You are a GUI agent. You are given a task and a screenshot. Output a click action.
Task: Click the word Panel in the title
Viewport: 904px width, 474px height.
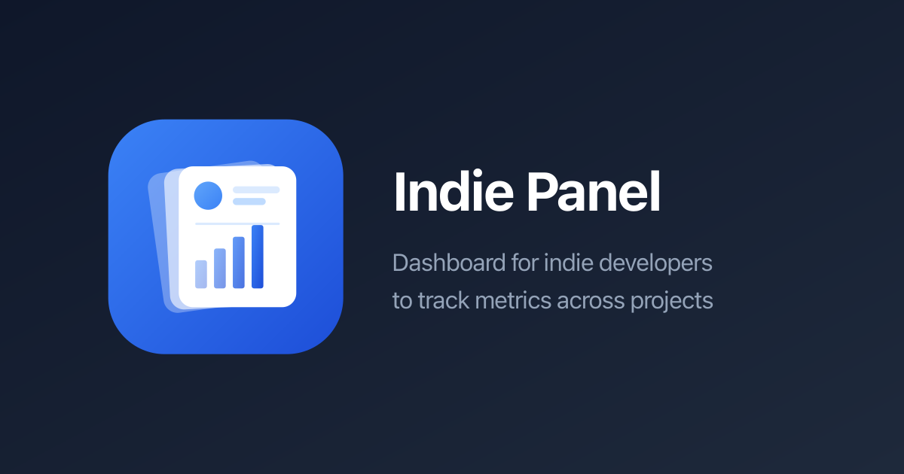pos(592,193)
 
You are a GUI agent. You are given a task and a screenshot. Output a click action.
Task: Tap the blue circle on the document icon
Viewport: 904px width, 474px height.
pos(208,196)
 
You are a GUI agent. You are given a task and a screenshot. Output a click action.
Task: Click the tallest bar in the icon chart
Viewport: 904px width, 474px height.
pos(258,257)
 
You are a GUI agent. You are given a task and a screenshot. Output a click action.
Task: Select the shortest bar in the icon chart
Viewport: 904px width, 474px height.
pos(201,274)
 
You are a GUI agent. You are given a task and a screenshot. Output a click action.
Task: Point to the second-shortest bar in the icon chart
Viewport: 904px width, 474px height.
pos(220,268)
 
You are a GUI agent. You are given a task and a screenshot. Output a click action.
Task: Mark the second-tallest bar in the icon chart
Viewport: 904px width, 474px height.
pos(239,263)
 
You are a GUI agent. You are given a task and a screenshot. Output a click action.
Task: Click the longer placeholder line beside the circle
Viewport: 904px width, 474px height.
pos(256,190)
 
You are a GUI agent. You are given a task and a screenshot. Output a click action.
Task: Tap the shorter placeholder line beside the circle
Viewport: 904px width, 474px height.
pos(249,202)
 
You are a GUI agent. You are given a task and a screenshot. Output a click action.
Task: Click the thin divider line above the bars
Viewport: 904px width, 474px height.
pos(237,223)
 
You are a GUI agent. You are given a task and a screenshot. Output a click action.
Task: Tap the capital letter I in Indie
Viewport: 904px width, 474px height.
pos(399,193)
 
